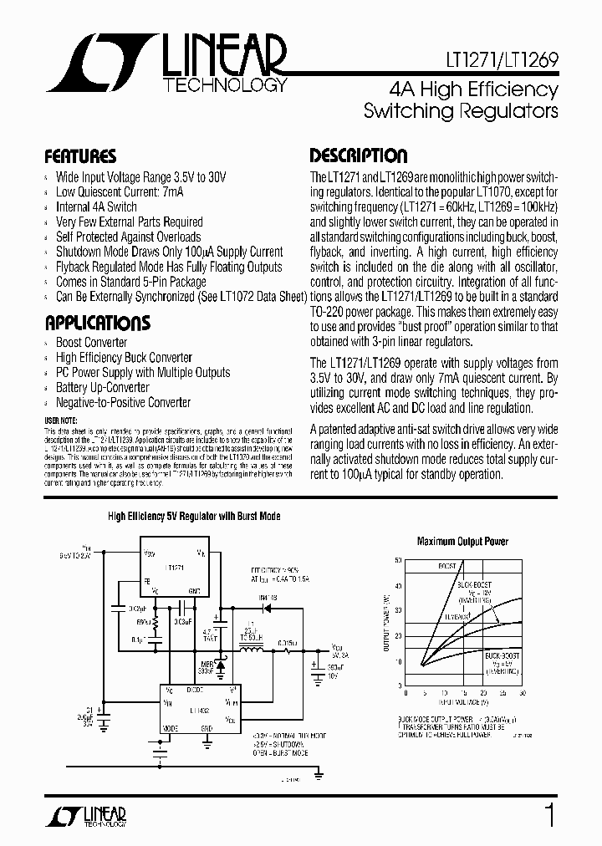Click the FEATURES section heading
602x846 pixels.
[80, 156]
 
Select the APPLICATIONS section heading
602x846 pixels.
[97, 323]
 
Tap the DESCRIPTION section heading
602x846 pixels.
[359, 155]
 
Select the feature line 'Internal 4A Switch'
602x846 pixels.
[96, 206]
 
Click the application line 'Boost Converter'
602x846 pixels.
[91, 343]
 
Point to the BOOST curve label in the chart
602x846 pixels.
[447, 566]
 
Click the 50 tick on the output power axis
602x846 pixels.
[399, 560]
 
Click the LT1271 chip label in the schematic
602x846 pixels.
[176, 568]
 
